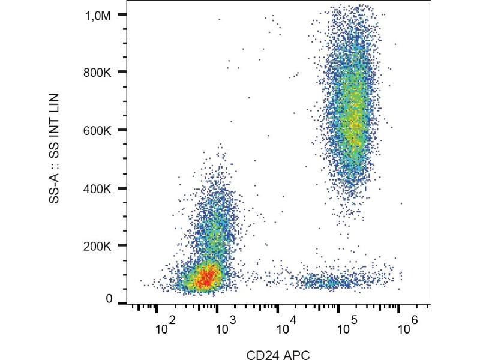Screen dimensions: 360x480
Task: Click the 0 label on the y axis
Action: point(109,299)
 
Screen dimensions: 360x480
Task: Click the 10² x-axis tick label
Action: point(164,328)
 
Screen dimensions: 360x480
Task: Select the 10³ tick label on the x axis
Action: point(225,328)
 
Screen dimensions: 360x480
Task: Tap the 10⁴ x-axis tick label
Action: point(285,328)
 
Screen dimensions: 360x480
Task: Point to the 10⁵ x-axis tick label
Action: point(346,328)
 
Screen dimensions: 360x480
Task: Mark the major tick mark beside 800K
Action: point(122,73)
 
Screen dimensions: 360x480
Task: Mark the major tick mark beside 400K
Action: point(122,188)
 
